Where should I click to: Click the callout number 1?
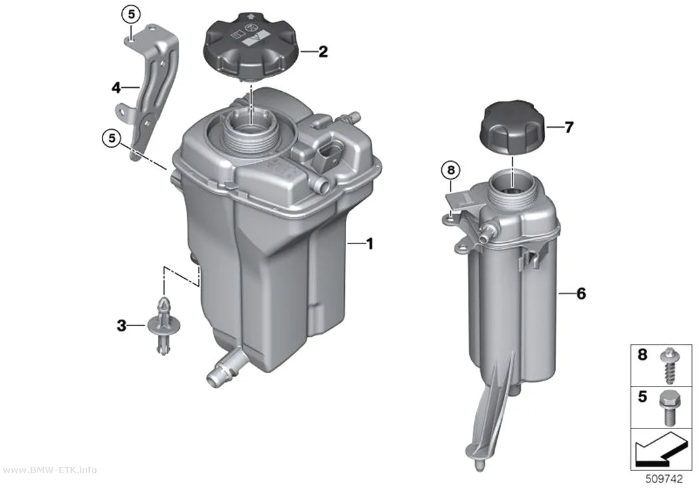(369, 244)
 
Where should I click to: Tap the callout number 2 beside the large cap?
(323, 52)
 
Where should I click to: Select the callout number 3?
(122, 326)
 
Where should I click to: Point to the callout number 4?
(116, 88)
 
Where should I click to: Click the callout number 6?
(581, 293)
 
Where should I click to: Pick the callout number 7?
(569, 128)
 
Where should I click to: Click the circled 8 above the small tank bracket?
(451, 170)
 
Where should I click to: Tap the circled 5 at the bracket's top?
(131, 15)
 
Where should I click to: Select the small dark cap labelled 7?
(513, 128)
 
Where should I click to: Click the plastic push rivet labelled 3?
(164, 326)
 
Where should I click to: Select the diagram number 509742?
(664, 479)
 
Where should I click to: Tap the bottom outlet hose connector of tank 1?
(223, 366)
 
